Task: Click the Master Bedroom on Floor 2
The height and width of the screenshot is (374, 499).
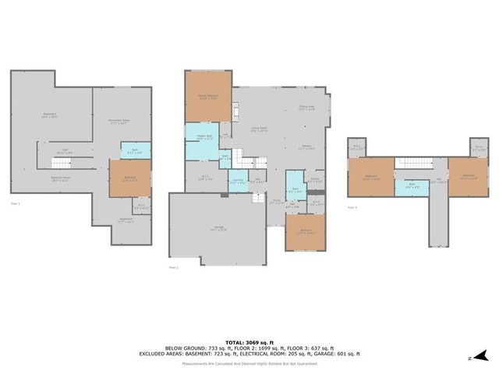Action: coord(208,97)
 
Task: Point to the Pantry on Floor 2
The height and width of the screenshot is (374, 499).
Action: coord(315,181)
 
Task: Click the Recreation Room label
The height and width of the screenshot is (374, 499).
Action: coord(119,122)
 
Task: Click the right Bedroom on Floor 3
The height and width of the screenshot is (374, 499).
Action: coord(469,176)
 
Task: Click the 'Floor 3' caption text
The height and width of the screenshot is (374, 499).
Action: coord(353,207)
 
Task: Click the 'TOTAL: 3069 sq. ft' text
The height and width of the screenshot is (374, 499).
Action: coord(249,343)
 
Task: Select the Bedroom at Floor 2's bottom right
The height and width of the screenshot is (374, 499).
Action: coord(306,231)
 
